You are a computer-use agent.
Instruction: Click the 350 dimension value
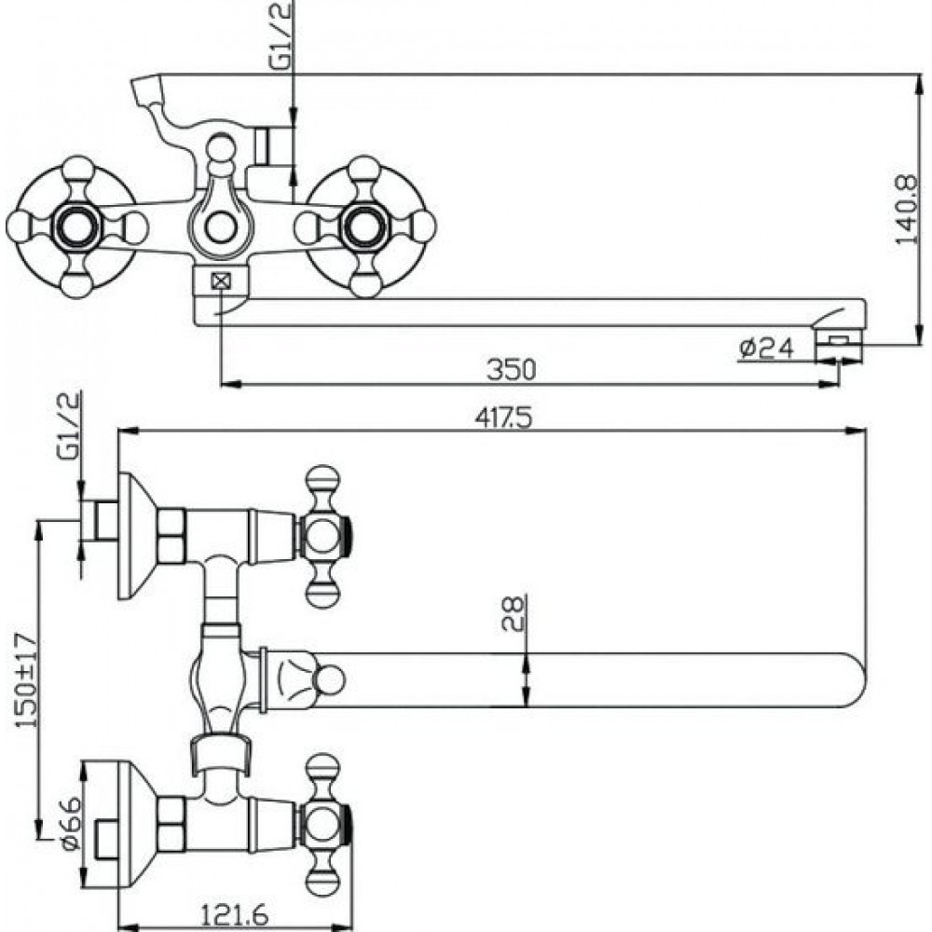511,369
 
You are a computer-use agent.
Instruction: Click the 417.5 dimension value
503,418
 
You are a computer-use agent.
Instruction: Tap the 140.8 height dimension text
907,209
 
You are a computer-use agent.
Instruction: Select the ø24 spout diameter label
766,348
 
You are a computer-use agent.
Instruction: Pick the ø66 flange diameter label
70,824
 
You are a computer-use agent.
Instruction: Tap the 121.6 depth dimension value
234,913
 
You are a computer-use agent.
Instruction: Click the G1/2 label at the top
282,36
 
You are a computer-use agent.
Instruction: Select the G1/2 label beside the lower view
68,426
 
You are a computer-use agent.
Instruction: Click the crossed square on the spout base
221,281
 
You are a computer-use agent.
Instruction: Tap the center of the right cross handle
365,226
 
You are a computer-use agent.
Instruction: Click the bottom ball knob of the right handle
365,283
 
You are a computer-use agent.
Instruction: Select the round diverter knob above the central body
220,147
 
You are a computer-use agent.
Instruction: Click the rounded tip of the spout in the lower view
856,680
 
